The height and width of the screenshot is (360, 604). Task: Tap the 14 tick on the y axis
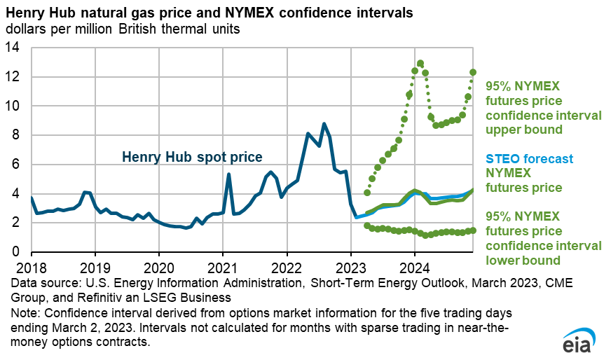[15, 48]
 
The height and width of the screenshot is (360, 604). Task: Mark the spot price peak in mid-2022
[324, 124]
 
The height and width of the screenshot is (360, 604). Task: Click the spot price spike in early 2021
[228, 174]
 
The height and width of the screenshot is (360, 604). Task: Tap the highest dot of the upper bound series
[420, 64]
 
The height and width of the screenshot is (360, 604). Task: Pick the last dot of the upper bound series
[473, 72]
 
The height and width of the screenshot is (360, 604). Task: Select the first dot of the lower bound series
[367, 226]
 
